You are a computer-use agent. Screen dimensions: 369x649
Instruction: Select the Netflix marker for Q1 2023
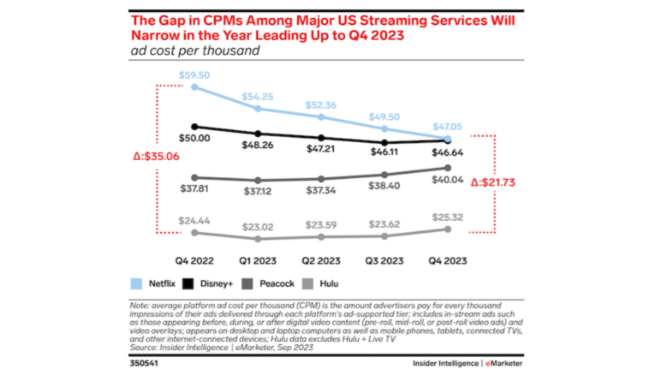(x=258, y=109)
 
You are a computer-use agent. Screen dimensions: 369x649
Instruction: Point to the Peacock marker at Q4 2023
(x=447, y=168)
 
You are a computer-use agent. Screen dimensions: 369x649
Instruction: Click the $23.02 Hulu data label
(x=257, y=227)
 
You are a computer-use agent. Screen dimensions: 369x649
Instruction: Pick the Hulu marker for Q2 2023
(x=321, y=236)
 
